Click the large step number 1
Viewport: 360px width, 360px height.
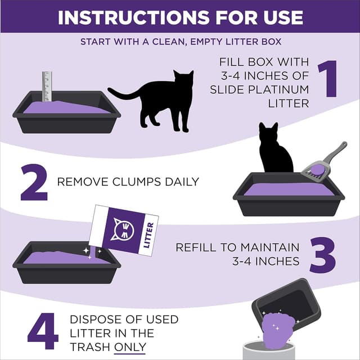tap(328, 79)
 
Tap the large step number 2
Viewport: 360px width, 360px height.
tap(33, 182)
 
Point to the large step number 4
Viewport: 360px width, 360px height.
tap(42, 330)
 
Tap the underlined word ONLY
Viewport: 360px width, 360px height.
tap(129, 347)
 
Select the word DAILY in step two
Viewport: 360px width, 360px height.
tap(179, 182)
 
